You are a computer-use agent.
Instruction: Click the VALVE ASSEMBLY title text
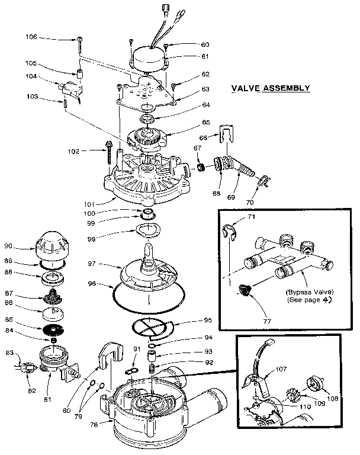(270, 88)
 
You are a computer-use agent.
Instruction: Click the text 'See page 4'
(306, 300)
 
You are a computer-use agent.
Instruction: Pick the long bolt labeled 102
(110, 152)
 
